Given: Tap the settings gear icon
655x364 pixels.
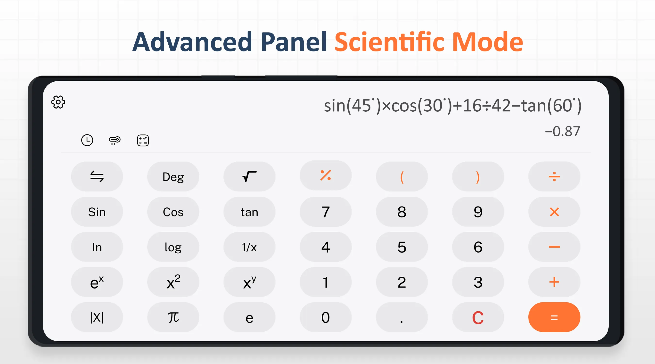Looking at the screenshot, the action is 58,102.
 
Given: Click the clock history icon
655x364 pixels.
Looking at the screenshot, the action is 87,140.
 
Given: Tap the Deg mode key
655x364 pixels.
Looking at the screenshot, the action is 173,176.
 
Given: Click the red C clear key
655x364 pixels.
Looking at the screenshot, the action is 478,317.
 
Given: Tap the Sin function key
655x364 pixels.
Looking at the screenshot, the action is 97,212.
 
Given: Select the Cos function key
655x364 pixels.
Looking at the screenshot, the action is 173,212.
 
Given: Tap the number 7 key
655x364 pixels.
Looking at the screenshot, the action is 326,212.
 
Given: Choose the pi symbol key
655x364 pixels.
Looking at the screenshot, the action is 173,317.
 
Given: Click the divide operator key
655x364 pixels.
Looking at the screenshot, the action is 554,176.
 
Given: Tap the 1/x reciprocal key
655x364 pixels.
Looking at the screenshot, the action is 249,247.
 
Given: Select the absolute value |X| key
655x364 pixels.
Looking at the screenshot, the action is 97,317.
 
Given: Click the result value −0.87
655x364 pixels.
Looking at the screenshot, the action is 562,132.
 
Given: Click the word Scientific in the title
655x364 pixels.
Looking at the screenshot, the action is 389,41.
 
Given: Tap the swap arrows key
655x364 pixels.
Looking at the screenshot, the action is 97,176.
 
